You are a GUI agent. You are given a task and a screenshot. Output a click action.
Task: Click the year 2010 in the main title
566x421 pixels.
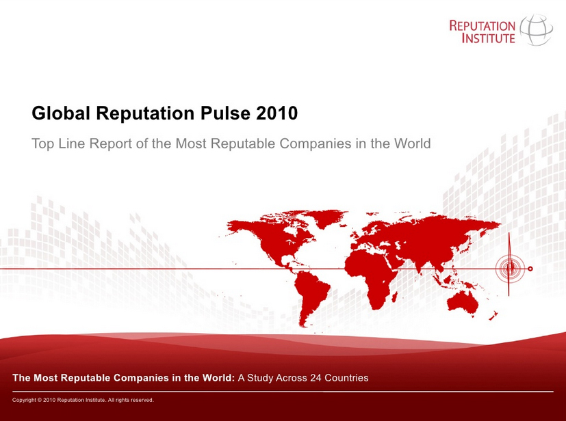pos(277,113)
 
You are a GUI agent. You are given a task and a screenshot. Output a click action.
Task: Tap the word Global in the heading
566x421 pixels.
pos(61,113)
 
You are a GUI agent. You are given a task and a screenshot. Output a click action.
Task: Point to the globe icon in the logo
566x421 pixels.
pos(536,29)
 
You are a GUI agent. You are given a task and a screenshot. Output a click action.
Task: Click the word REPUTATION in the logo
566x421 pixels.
pos(483,25)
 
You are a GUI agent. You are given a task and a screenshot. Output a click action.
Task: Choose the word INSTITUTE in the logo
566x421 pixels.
pos(489,38)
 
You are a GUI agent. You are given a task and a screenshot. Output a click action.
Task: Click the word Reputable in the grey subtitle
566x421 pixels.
pos(244,144)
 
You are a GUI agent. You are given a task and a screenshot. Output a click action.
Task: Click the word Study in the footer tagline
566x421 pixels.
pos(260,378)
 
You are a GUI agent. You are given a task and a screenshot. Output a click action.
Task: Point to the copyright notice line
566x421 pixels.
pos(83,400)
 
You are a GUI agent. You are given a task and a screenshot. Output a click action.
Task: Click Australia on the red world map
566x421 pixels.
pos(463,302)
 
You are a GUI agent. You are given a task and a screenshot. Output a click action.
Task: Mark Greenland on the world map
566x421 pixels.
pos(325,217)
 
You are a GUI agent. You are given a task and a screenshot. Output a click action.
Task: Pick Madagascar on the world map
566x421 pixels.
pos(394,297)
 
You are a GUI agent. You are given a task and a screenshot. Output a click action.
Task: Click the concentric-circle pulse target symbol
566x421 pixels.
pos(510,268)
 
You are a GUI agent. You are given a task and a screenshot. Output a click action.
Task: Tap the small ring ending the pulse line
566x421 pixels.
pos(530,269)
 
